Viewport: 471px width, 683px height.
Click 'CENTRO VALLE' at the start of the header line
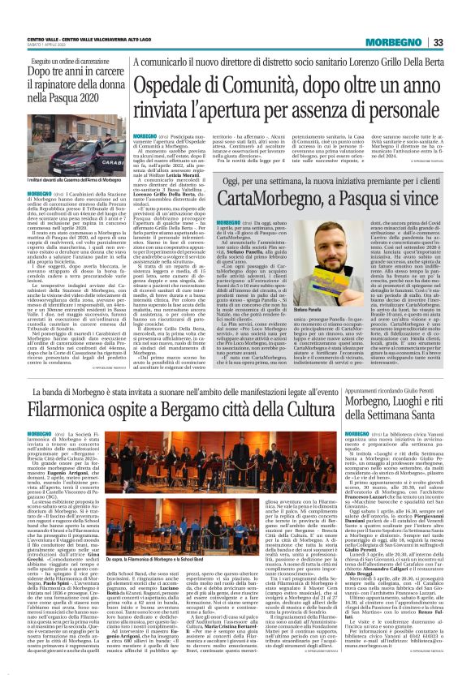pos(41,40)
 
